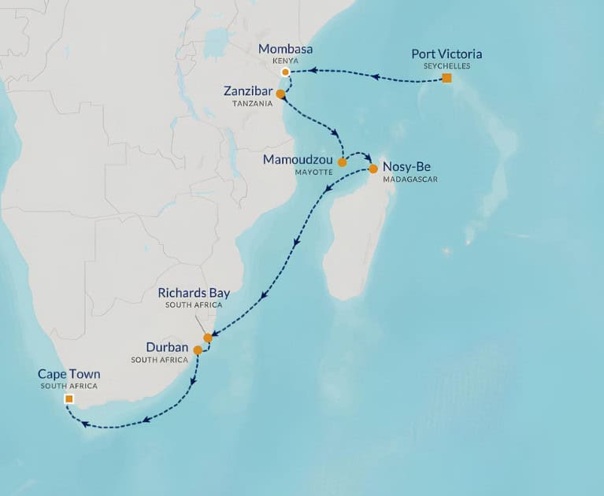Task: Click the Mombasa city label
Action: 286,50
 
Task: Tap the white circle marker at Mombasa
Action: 286,72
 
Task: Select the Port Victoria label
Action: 447,54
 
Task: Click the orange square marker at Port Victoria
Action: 447,79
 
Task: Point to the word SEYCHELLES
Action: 447,65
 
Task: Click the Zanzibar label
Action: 248,92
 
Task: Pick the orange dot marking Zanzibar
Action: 280,93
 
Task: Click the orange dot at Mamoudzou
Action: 342,162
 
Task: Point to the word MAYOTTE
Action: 313,172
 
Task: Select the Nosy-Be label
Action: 406,167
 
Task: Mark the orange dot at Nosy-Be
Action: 373,168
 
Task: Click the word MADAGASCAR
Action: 409,179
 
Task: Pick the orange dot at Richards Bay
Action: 208,338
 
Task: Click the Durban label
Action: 167,346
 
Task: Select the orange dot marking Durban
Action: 198,350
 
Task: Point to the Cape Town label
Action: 69,375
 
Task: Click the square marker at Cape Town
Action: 69,400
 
